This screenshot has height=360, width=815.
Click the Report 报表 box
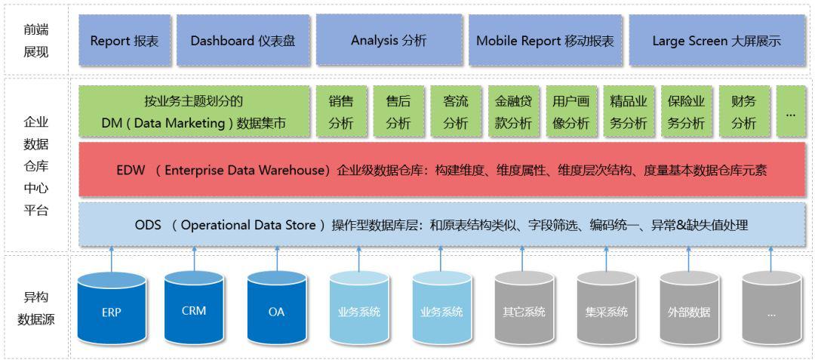(x=125, y=41)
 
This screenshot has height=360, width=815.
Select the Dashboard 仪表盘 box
(x=242, y=41)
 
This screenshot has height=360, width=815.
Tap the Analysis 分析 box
(x=389, y=40)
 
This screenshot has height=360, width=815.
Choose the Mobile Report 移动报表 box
(x=545, y=41)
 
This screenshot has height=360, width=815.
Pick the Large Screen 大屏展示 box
(x=716, y=41)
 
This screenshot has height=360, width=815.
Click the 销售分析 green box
(x=340, y=112)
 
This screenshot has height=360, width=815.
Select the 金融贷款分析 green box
(x=513, y=112)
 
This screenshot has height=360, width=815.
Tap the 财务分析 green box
(x=743, y=112)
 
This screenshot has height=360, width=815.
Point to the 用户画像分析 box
(x=570, y=112)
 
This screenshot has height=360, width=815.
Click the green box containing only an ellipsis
(x=790, y=112)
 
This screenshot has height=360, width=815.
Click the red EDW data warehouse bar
(x=441, y=171)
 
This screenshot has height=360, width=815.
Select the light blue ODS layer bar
(x=441, y=224)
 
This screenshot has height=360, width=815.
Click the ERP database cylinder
(x=112, y=309)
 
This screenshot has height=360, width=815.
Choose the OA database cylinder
(x=276, y=309)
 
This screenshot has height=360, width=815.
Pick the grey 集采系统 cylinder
(x=606, y=309)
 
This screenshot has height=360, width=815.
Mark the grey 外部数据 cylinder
(x=688, y=309)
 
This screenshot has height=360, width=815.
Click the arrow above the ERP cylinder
(x=112, y=258)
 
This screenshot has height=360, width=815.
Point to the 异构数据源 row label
(x=36, y=308)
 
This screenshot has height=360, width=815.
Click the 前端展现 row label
(x=36, y=41)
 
